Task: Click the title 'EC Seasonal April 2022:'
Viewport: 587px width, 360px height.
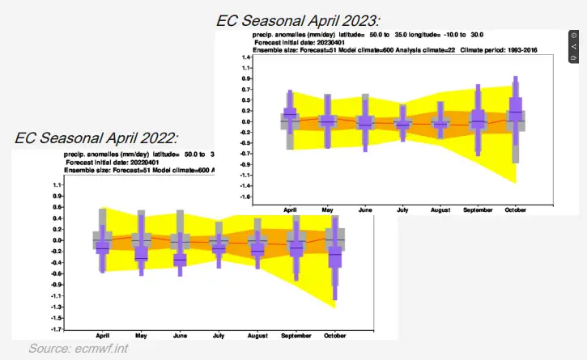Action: coord(96,138)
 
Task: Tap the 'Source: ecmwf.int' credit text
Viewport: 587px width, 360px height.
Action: coord(79,349)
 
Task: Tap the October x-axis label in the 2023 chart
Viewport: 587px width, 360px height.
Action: coord(515,210)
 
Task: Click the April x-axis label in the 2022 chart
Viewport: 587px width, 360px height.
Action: coord(103,335)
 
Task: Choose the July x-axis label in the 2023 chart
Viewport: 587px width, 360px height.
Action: coord(402,210)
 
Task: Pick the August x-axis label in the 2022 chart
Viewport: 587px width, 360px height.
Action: coord(257,335)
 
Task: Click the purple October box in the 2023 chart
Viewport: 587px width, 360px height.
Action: coord(515,108)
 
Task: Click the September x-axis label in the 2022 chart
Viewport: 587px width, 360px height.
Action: coord(296,335)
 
